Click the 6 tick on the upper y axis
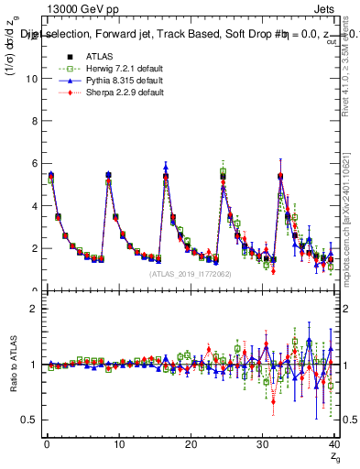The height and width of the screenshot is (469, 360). pyautogui.click(x=34, y=164)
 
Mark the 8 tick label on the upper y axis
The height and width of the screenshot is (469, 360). pyautogui.click(x=34, y=121)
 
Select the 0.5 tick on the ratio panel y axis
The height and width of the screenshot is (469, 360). pyautogui.click(x=29, y=420)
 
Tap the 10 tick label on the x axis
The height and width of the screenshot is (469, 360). pyautogui.click(x=118, y=444)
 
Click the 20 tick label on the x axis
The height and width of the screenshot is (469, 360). pyautogui.click(x=191, y=444)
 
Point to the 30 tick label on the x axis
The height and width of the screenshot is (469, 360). pyautogui.click(x=263, y=444)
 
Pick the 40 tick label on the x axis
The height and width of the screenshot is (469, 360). pyautogui.click(x=334, y=444)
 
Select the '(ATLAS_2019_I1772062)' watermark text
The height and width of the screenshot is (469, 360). pyautogui.click(x=191, y=273)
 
